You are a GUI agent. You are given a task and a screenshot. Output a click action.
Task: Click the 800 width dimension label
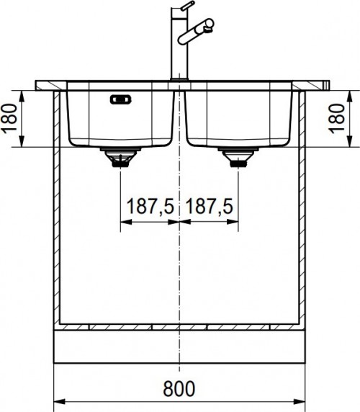point(178,389)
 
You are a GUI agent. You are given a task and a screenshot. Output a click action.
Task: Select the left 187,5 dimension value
point(148,207)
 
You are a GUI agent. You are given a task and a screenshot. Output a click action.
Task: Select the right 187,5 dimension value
point(208,207)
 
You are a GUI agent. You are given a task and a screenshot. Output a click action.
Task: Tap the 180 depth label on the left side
point(9,117)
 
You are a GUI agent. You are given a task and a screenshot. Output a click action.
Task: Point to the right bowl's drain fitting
point(237,158)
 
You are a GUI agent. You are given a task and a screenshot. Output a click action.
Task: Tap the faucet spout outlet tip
point(209,27)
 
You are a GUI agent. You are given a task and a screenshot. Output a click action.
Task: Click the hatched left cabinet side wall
point(56,209)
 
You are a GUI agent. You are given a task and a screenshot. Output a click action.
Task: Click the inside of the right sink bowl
point(238,115)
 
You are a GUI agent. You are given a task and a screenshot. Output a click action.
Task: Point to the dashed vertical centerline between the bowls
point(178,274)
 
